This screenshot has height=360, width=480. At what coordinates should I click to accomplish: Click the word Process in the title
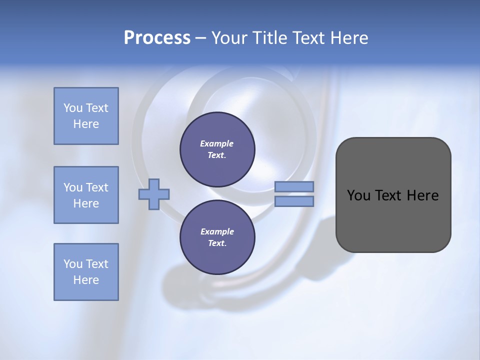tap(157, 38)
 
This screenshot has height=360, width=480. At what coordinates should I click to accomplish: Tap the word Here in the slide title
tap(348, 38)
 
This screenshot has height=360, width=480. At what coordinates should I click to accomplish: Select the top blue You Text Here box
tap(86, 116)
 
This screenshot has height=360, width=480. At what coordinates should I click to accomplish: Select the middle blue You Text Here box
tap(86, 195)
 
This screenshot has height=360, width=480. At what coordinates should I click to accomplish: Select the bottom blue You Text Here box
tap(86, 272)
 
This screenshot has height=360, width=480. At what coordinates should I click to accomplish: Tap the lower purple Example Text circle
tap(217, 237)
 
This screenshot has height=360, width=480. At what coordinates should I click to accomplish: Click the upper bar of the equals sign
tap(294, 187)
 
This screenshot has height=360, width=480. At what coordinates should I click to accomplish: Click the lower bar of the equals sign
tap(294, 201)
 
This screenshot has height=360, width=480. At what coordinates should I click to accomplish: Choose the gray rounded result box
tap(393, 220)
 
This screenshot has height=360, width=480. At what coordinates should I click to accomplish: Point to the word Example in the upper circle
tap(217, 143)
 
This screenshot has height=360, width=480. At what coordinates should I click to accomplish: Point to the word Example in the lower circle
tap(217, 231)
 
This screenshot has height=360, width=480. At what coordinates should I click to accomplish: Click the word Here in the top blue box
tap(86, 124)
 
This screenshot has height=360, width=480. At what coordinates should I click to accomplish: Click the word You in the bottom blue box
tap(72, 264)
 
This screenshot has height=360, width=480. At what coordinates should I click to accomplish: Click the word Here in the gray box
tap(422, 195)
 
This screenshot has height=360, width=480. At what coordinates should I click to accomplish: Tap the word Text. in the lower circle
tap(217, 243)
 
